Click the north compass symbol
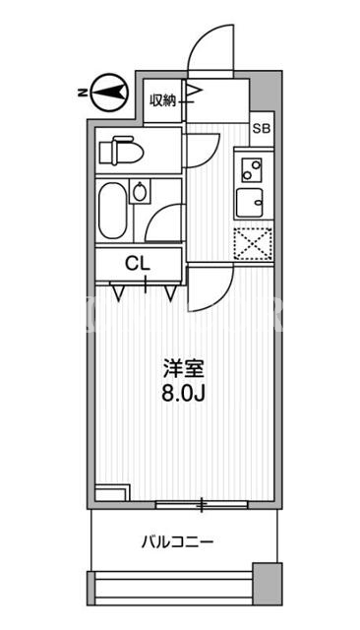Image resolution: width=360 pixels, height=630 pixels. point(109,93)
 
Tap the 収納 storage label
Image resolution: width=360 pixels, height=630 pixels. point(163,100)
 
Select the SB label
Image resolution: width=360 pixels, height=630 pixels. point(263,129)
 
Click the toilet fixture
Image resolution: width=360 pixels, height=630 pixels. point(121,151)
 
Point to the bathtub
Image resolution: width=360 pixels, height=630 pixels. point(113,210)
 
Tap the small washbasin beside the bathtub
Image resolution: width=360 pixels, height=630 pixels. point(140,191)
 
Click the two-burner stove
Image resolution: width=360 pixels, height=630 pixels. point(252,170)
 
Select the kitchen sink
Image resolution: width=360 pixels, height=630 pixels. point(250,203)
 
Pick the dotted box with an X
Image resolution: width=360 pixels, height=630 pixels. point(253,243)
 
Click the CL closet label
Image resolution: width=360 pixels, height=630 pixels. point(138,264)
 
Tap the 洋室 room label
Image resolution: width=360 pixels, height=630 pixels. point(184,369)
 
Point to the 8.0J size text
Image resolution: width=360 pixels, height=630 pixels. point(184,394)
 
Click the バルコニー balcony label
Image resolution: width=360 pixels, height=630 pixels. point(177,542)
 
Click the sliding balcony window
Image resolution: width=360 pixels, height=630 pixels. point(202,505)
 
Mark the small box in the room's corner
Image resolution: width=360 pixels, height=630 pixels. point(113,492)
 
